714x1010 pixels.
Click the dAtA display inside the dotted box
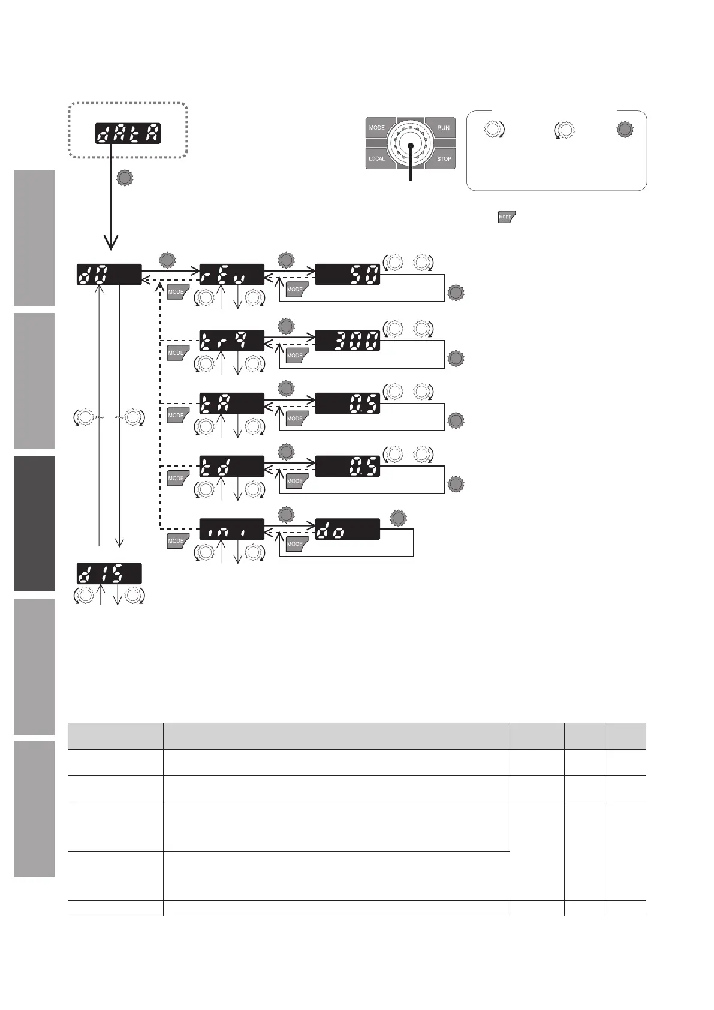[x=127, y=133]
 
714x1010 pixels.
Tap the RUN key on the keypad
[x=442, y=128]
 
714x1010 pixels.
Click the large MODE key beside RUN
[x=378, y=128]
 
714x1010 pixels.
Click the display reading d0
[x=109, y=275]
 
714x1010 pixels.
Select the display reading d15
[x=109, y=574]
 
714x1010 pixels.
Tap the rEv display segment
[x=231, y=275]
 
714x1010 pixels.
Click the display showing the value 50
[x=347, y=275]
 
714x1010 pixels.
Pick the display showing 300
[x=347, y=341]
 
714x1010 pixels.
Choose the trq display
[x=231, y=341]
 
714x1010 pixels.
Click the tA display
[x=231, y=404]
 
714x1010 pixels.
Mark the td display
[x=231, y=466]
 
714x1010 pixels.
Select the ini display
[x=231, y=528]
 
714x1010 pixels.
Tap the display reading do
[x=347, y=528]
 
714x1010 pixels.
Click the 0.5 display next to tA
[x=347, y=404]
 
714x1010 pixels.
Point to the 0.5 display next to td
[x=347, y=466]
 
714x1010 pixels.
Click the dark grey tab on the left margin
[x=34, y=523]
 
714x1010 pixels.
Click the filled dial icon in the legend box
[x=625, y=129]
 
